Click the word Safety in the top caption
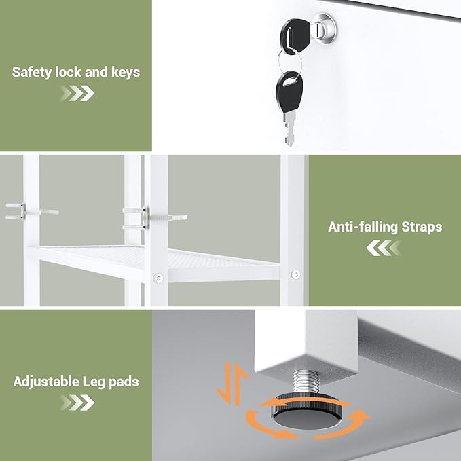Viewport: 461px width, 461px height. click(32, 73)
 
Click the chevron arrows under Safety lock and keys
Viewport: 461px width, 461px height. click(77, 93)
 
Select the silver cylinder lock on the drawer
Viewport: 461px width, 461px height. click(325, 29)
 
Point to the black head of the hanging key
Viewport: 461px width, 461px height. click(290, 92)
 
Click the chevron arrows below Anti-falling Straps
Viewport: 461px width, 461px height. click(384, 248)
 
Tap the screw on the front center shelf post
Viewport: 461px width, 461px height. click(158, 277)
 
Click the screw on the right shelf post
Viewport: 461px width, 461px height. click(295, 274)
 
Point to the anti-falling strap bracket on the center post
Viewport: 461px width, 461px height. click(145, 218)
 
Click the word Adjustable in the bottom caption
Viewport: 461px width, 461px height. click(46, 382)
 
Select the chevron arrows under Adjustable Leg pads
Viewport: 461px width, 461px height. click(77, 403)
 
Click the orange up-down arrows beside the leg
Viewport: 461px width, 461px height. click(233, 384)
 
